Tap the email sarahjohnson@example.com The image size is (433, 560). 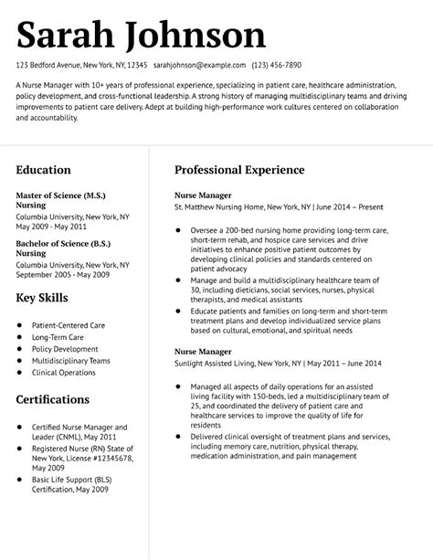(x=200, y=66)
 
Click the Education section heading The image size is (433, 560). (x=43, y=170)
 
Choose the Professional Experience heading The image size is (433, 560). (x=239, y=170)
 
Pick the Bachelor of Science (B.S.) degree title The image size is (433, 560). (x=64, y=244)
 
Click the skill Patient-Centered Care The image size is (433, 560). (x=69, y=325)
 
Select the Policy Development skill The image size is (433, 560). (x=65, y=349)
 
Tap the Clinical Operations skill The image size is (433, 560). (x=64, y=373)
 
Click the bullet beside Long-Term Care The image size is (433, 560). (x=19, y=337)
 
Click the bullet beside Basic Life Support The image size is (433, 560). (x=19, y=479)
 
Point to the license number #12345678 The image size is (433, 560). (x=94, y=459)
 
